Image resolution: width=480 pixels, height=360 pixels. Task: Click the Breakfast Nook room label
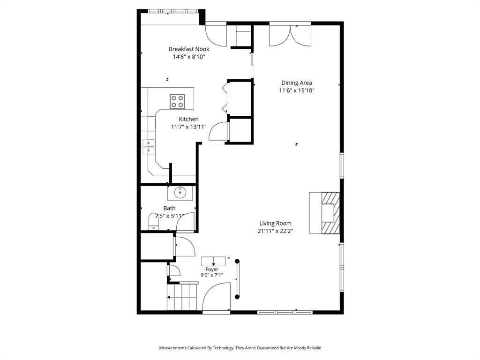pyautogui.click(x=189, y=49)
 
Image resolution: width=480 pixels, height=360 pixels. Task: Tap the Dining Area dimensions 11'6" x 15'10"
pyautogui.click(x=296, y=90)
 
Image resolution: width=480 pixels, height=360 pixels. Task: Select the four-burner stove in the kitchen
pyautogui.click(x=177, y=101)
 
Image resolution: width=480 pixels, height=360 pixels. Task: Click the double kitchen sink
pyautogui.click(x=149, y=146)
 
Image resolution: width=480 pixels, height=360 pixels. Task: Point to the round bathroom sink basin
pyautogui.click(x=180, y=192)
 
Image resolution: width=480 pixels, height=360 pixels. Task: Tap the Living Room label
pyautogui.click(x=275, y=224)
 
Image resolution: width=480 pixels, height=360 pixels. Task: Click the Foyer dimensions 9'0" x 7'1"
pyautogui.click(x=212, y=275)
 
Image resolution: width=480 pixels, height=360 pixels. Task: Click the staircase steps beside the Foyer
pyautogui.click(x=183, y=298)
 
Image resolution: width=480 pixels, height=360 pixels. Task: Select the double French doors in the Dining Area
pyautogui.click(x=290, y=36)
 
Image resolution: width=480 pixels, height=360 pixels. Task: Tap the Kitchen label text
pyautogui.click(x=188, y=119)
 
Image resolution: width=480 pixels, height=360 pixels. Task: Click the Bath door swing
pyautogui.click(x=185, y=222)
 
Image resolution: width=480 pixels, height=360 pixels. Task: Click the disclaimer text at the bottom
pyautogui.click(x=240, y=348)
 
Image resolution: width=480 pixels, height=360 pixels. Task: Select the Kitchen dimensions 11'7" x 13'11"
pyautogui.click(x=188, y=127)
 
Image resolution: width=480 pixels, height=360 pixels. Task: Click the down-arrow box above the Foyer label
pyautogui.click(x=213, y=261)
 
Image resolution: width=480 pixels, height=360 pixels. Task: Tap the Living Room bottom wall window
pyautogui.click(x=285, y=311)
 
